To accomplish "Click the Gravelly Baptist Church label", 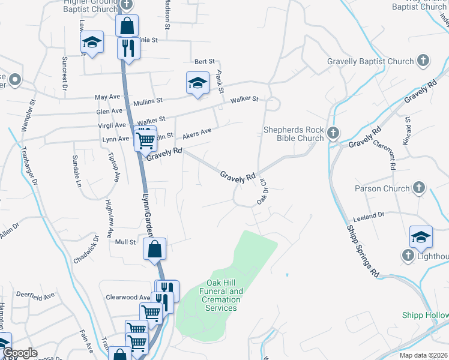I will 370,61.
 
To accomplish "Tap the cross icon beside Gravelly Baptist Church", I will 423,61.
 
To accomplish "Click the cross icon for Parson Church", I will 419,188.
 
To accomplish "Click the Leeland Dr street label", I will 369,215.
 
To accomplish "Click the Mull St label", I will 125,242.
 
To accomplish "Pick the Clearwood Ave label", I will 128,297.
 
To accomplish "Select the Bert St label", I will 205,61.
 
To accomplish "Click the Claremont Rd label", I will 384,154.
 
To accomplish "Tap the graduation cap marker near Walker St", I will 197,83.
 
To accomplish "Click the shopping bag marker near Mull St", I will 155,249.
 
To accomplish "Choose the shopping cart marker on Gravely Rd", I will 146,140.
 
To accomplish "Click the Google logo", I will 20,353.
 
